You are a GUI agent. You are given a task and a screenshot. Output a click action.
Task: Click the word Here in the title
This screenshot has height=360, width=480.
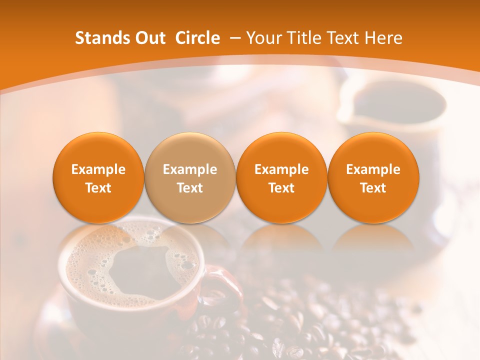click(x=383, y=38)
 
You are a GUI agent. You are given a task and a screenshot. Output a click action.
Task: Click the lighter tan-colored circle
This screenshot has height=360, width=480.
click(x=189, y=178)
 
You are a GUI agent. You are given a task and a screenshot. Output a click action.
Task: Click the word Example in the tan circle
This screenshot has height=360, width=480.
click(x=190, y=169)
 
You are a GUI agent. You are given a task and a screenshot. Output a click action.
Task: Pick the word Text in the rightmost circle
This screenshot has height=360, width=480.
click(x=373, y=188)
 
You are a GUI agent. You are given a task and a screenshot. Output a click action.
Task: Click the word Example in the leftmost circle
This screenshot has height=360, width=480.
click(x=98, y=169)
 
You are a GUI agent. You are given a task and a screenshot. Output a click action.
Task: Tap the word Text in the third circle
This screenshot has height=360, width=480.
click(x=281, y=188)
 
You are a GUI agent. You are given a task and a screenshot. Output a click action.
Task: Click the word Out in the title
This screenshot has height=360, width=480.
click(x=149, y=38)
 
